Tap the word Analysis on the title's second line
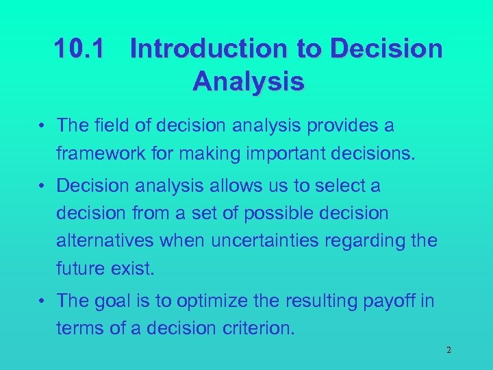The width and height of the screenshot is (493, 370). (248, 82)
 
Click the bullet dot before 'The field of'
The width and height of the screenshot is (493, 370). (42, 126)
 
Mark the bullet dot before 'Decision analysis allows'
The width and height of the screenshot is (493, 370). (42, 186)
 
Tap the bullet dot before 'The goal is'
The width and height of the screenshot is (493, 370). (42, 301)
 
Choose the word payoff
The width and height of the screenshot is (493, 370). (390, 301)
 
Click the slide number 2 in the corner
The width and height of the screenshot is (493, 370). (448, 350)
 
